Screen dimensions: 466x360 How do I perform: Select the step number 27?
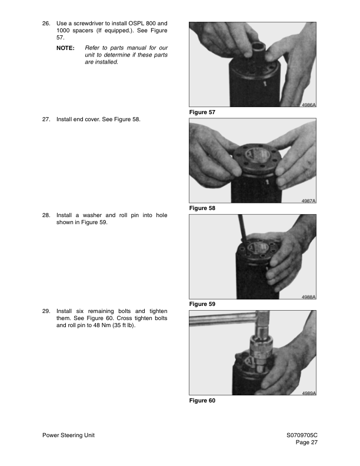click(46, 119)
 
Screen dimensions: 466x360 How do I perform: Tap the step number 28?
click(46, 215)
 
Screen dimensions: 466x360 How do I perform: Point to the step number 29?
click(46, 311)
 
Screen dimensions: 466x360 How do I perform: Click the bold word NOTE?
click(65, 47)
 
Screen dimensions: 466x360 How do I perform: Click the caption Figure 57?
click(202, 112)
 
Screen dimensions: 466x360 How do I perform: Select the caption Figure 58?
click(202, 208)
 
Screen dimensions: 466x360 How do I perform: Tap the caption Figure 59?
click(202, 304)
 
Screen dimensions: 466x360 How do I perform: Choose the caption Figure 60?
click(202, 401)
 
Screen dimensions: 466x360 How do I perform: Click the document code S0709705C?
click(302, 435)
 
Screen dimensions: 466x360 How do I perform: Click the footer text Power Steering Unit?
click(69, 435)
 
